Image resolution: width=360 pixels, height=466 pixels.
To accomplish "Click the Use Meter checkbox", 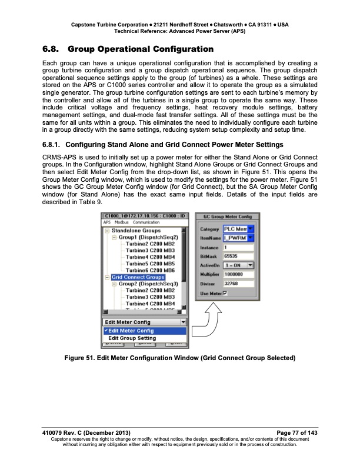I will point(225,294).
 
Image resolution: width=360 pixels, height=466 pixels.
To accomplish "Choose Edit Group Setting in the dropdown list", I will point(132,338).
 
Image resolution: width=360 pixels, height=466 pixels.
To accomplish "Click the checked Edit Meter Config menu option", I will point(131,331).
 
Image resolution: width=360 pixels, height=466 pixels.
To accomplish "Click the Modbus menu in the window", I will point(121,222).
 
